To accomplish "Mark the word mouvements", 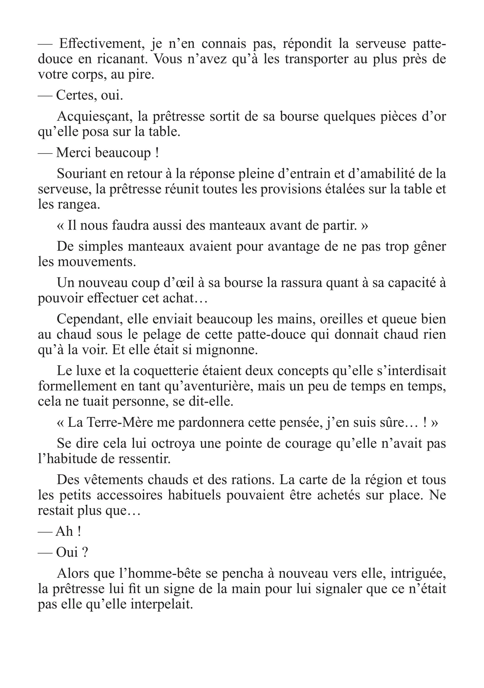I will pyautogui.click(x=96, y=262).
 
